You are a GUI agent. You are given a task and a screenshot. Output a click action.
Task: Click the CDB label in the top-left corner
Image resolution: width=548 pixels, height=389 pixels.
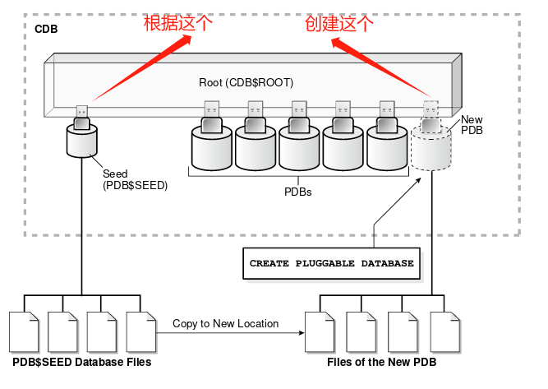[x=46, y=29]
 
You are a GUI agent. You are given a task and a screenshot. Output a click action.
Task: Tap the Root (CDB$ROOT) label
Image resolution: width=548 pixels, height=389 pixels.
[x=246, y=83]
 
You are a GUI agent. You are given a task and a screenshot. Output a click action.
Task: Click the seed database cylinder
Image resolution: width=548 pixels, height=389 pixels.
[x=81, y=143]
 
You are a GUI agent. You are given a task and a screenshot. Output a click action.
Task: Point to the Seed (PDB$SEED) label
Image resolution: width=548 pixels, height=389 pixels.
[x=135, y=180]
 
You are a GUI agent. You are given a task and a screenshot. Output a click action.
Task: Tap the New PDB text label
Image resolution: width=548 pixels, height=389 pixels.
[x=472, y=125]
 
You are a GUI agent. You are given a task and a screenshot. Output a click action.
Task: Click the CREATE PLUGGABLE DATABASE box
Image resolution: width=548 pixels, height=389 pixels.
[x=332, y=264]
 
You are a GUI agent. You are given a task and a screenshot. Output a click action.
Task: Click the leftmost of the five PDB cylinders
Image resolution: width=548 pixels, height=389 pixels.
[x=211, y=147]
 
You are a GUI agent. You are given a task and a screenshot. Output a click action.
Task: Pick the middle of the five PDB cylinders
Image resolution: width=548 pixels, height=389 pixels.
[x=300, y=147]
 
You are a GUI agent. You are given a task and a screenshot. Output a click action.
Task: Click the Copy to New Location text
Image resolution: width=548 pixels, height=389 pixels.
[x=225, y=324]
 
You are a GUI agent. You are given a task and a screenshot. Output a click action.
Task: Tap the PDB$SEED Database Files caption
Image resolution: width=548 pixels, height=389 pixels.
[x=81, y=362]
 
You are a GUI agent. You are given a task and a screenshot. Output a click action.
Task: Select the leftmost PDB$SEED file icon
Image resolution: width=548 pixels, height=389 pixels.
[x=22, y=331]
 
